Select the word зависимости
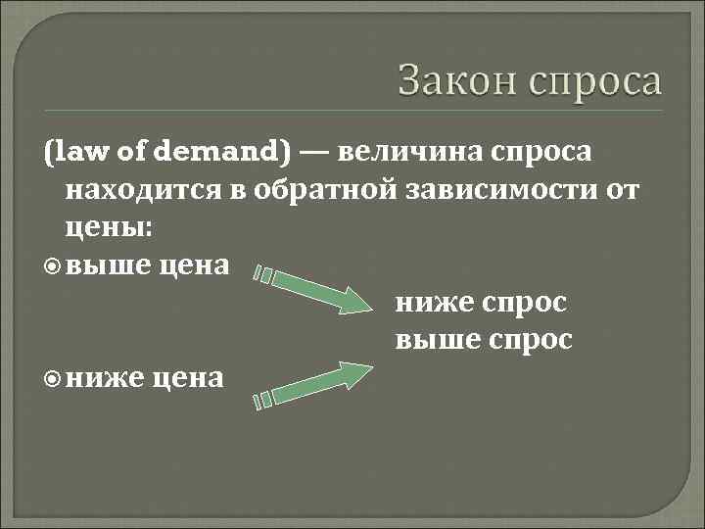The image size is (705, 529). point(499,189)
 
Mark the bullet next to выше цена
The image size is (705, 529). point(55,265)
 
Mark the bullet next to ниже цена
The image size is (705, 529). point(55,377)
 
